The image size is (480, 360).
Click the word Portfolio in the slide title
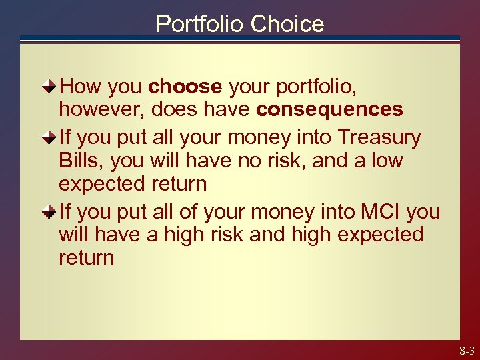tap(200, 24)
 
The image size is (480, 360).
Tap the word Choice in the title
tap(287, 24)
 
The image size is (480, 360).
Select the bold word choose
tap(185, 87)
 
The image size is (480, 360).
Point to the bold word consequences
tap(329, 109)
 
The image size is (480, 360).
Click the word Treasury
tap(379, 137)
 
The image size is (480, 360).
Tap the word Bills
tap(81, 161)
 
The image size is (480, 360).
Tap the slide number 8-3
tap(466, 351)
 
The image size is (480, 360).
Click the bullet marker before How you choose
tap(50, 87)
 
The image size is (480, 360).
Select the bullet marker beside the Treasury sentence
tap(50, 137)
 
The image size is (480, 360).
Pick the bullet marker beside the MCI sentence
tap(50, 212)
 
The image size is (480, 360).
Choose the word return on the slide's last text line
tap(86, 258)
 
